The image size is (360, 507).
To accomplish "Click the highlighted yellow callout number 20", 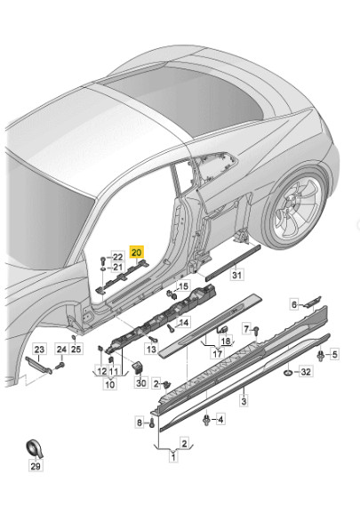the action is click(136, 252).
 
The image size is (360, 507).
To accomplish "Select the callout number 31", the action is click(236, 275).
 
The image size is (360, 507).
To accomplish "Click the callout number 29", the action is click(36, 466).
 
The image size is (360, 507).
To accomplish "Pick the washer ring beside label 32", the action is click(287, 373).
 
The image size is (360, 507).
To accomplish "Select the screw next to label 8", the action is click(152, 422).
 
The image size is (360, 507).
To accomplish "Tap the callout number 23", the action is click(39, 350).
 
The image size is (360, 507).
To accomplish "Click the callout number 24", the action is click(61, 350).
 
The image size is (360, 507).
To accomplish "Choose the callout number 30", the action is click(141, 383).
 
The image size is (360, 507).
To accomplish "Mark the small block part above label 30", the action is click(138, 366).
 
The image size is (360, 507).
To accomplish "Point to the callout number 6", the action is click(293, 304).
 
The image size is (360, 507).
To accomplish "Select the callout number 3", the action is click(244, 401).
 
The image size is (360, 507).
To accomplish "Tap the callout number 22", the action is click(118, 257).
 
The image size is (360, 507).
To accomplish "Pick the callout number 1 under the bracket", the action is click(173, 457).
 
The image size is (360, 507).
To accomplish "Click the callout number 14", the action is click(183, 322).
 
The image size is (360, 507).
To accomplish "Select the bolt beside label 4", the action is click(206, 420).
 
